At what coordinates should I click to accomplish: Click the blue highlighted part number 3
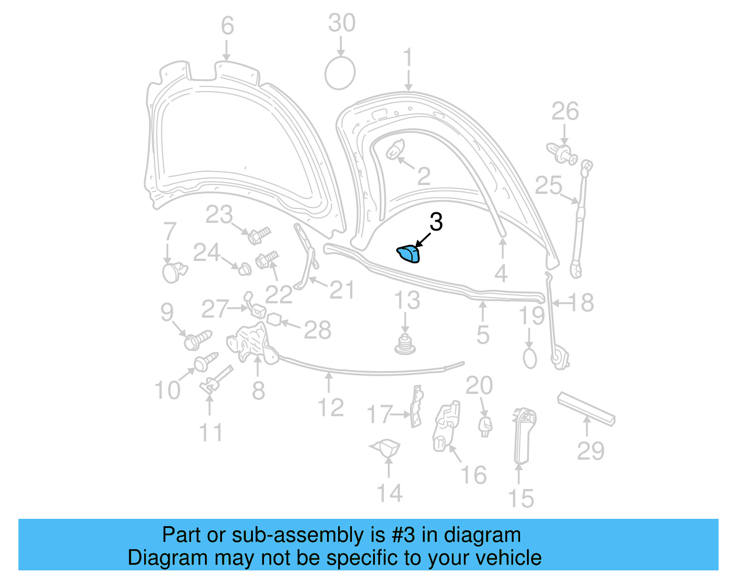tap(409, 254)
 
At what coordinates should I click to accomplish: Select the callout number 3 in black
tap(436, 222)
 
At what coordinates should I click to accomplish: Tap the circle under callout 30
tap(340, 73)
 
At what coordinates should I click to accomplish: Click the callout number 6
tap(228, 26)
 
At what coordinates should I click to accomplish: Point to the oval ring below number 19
tap(530, 358)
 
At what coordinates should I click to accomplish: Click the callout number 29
tap(591, 451)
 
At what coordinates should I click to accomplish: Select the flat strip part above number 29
tap(586, 409)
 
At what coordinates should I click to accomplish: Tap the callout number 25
tap(549, 186)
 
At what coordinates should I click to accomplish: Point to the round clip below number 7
tap(173, 272)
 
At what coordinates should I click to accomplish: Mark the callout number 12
tap(331, 408)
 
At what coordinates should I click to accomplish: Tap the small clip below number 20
tap(485, 426)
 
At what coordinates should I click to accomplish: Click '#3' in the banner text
tap(403, 535)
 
